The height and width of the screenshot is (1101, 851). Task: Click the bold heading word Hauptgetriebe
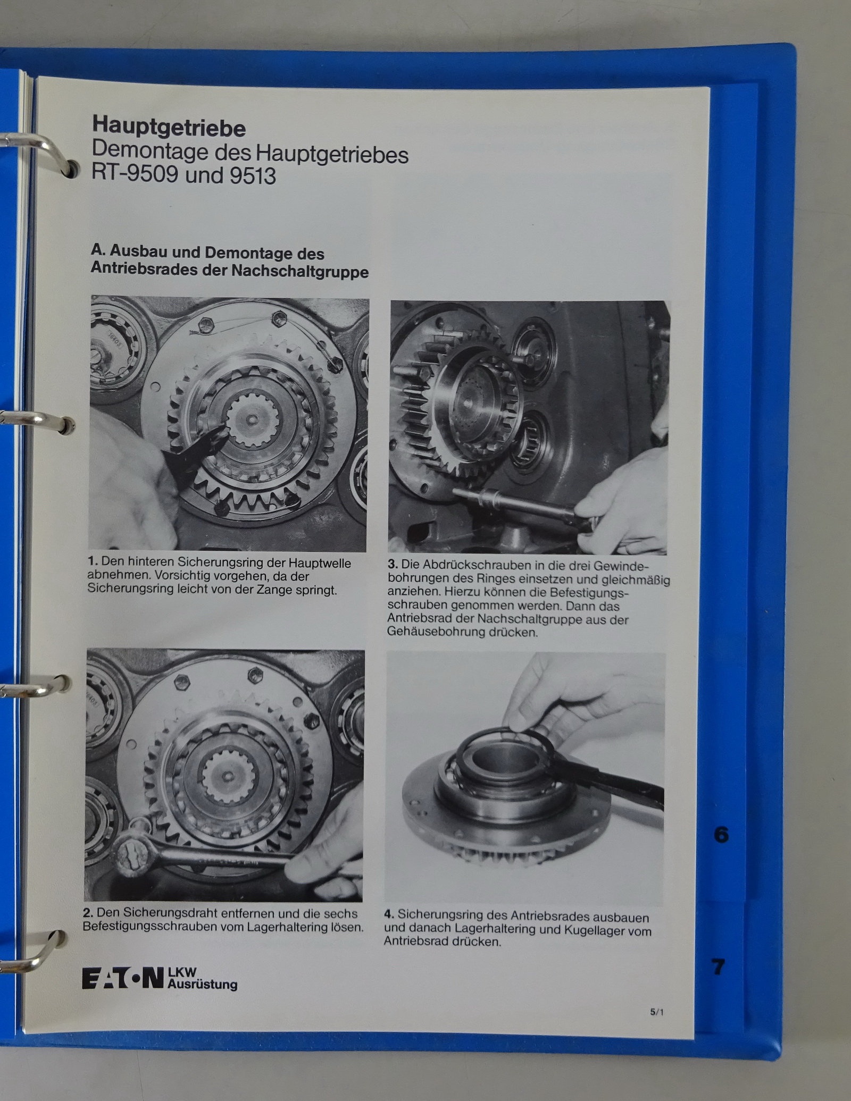pyautogui.click(x=169, y=128)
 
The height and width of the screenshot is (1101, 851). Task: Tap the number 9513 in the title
pyautogui.click(x=253, y=176)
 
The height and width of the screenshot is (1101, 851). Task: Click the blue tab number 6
pyautogui.click(x=721, y=835)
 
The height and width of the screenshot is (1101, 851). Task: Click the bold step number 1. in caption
pyautogui.click(x=93, y=562)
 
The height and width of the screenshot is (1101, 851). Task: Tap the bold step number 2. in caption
pyautogui.click(x=88, y=913)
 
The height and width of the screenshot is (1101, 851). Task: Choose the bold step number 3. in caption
pyautogui.click(x=393, y=565)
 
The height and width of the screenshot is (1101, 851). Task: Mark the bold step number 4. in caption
pyautogui.click(x=389, y=915)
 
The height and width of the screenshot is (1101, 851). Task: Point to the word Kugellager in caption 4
pyautogui.click(x=591, y=929)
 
